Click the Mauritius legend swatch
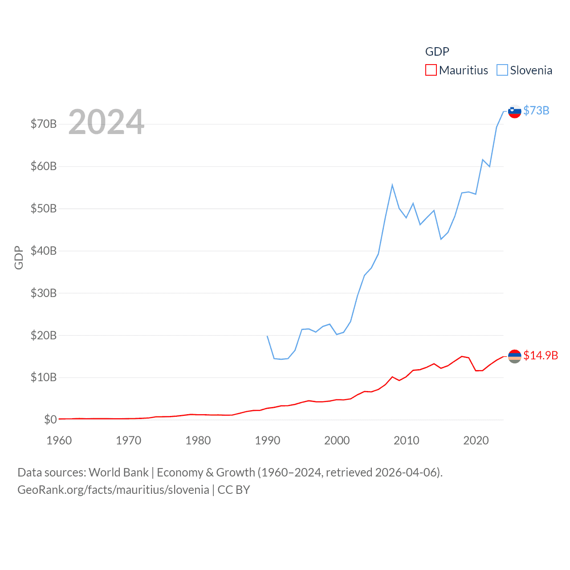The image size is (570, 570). point(431,70)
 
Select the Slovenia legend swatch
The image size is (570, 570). point(502,70)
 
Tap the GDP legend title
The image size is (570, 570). point(437,52)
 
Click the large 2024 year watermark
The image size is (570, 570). point(106,122)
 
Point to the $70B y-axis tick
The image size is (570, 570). point(44,124)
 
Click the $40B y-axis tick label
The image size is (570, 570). point(44,251)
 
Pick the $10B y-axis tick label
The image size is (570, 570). point(44,378)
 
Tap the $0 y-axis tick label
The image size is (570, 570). point(50,419)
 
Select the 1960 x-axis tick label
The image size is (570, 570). point(59,440)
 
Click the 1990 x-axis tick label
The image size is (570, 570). point(268,440)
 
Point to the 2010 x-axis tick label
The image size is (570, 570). point(407,440)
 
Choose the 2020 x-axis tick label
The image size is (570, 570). point(476,440)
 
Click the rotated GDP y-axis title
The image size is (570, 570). point(19,257)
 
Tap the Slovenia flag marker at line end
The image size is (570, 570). point(514,111)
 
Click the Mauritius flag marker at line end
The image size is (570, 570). point(514,356)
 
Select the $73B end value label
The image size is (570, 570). point(536,110)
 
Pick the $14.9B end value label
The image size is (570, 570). point(541,355)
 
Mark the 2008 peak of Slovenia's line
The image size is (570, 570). point(392,185)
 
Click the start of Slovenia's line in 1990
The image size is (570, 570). point(267,336)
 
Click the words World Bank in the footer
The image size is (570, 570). point(118,472)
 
